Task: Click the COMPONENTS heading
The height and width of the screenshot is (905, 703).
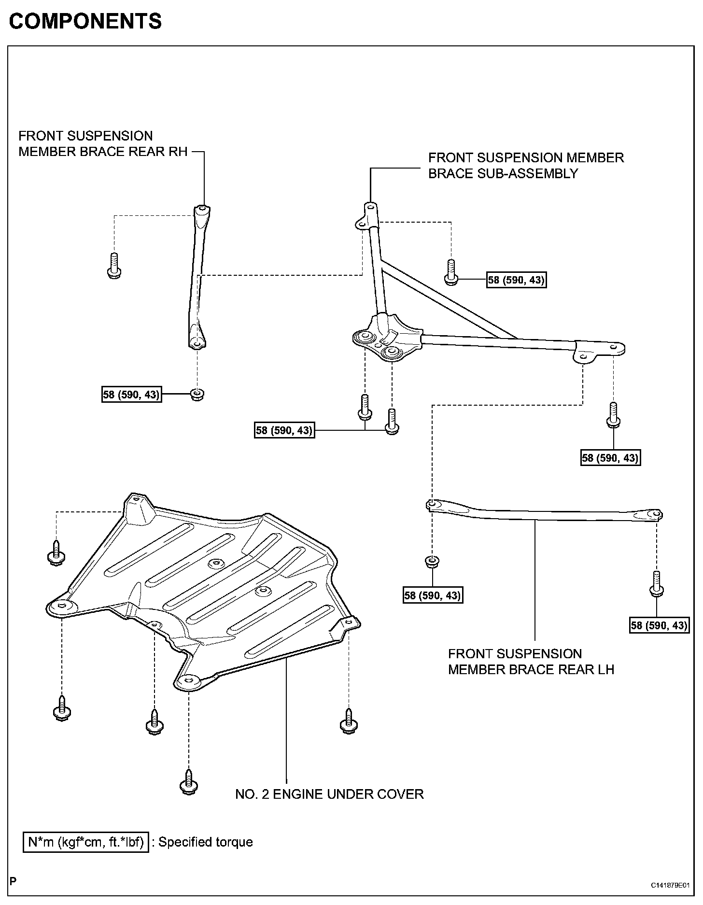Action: pos(85,21)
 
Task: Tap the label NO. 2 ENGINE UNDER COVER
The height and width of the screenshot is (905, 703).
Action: pos(329,794)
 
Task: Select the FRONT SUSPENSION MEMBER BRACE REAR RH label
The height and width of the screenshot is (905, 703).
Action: pos(103,143)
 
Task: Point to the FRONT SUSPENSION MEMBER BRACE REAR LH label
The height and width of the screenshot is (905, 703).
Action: pos(531,662)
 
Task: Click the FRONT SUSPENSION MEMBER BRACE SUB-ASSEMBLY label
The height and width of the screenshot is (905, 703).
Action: pos(526,165)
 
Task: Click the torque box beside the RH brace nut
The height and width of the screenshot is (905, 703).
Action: pos(131,395)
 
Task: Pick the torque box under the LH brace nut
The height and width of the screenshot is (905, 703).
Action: pos(433,595)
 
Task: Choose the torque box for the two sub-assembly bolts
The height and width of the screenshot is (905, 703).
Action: pos(284,430)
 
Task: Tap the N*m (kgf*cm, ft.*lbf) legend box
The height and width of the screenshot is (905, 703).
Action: pos(85,842)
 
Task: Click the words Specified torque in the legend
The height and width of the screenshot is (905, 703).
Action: pos(206,842)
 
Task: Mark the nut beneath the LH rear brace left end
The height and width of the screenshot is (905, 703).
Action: pos(432,562)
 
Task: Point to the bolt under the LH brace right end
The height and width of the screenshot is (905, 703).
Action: pos(656,584)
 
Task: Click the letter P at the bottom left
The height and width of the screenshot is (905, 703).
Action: pos(13,880)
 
